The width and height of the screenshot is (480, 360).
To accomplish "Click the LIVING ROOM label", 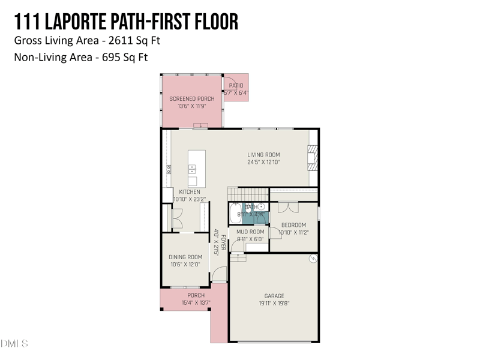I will click(x=263, y=155).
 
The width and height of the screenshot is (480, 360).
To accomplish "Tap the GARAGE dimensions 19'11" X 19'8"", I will click(x=274, y=304).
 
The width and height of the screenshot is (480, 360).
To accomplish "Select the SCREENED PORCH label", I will click(x=191, y=98).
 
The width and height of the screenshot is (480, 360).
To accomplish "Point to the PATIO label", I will click(x=236, y=86).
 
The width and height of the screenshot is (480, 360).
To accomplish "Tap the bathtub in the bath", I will click(x=235, y=214).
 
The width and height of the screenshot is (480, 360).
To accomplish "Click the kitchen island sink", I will click(x=192, y=169).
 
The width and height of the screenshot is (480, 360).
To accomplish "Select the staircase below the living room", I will click(x=247, y=194).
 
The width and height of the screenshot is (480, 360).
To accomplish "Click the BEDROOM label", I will click(x=293, y=225).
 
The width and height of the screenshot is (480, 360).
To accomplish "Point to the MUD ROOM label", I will click(x=250, y=232).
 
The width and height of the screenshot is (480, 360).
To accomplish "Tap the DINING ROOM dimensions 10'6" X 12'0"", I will click(x=185, y=265).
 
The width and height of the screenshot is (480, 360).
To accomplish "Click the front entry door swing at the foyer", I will click(x=220, y=274).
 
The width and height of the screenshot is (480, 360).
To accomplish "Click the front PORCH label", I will click(x=196, y=295).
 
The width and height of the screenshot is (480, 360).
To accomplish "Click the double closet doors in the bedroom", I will click(x=287, y=207).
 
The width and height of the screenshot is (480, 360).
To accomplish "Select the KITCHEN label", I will click(x=190, y=192).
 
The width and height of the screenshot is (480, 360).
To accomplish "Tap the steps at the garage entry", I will click(x=238, y=257).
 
